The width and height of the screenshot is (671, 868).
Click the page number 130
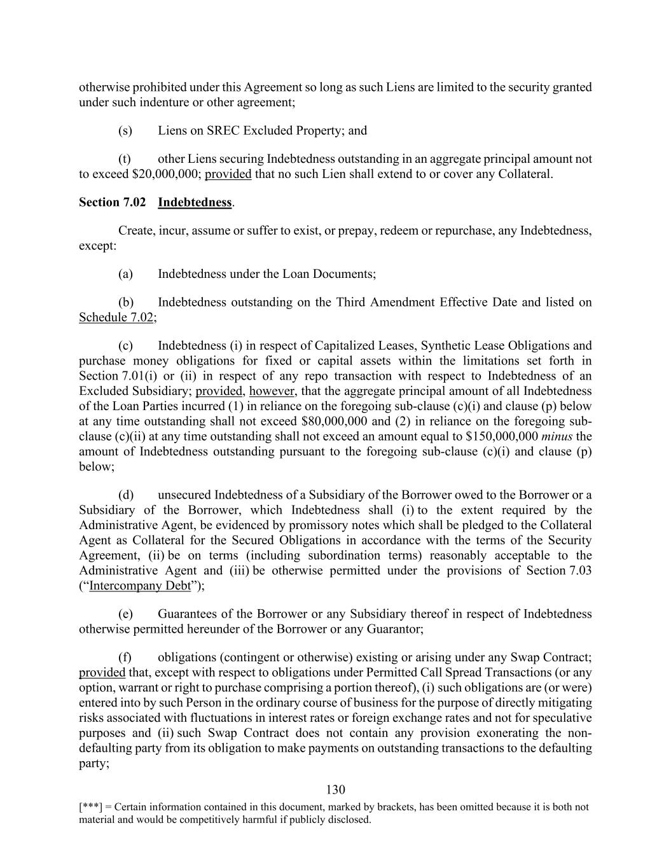click(335, 790)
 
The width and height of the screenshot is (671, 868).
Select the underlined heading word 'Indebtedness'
click(195, 202)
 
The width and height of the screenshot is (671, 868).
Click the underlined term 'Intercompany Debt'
click(140, 586)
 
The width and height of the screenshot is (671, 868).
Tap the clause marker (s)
click(125, 130)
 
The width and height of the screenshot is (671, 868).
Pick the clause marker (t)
click(125, 159)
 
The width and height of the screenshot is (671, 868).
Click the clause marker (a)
click(125, 274)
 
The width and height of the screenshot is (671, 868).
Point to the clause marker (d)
click(125, 495)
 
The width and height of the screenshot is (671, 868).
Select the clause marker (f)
click(125, 657)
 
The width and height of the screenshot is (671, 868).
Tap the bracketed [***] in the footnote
click(91, 807)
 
